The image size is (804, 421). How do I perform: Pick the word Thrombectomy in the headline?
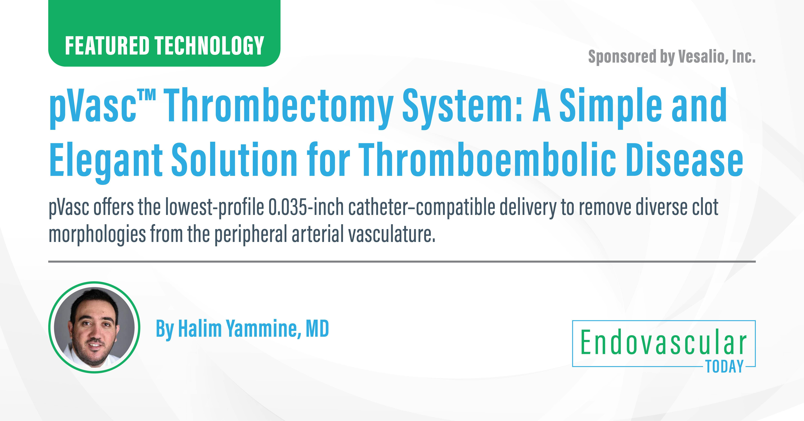278,106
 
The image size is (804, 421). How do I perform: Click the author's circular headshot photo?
94,327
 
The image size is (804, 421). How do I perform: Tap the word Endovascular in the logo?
663,343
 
